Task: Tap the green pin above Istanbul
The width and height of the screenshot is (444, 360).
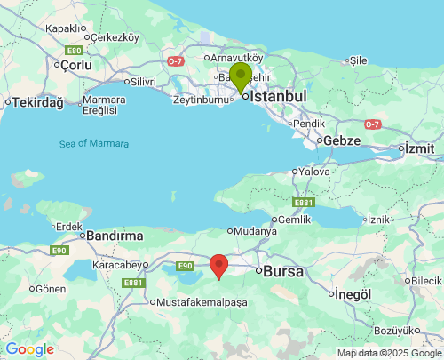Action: (x=240, y=77)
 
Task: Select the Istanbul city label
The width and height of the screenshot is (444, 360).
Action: (x=278, y=96)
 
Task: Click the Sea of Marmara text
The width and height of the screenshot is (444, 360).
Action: (x=94, y=144)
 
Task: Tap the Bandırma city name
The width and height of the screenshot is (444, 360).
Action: (x=115, y=236)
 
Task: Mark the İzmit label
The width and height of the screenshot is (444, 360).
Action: (x=422, y=148)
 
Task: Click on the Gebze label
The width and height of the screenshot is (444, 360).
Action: (x=342, y=140)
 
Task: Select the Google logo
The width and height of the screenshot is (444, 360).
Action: (x=29, y=349)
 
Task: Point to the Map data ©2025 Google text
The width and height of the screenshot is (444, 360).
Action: (x=388, y=353)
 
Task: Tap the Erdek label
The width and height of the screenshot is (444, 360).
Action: (x=71, y=226)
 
